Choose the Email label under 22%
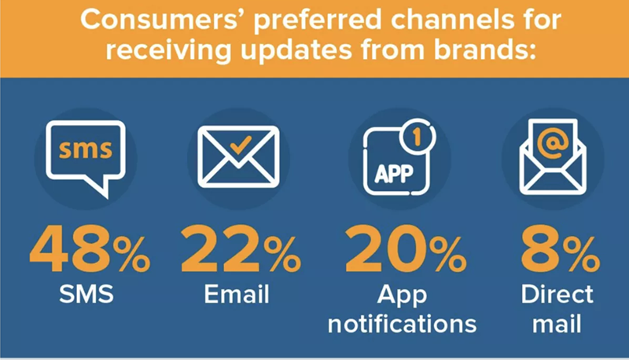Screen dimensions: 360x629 pos(237,296)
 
